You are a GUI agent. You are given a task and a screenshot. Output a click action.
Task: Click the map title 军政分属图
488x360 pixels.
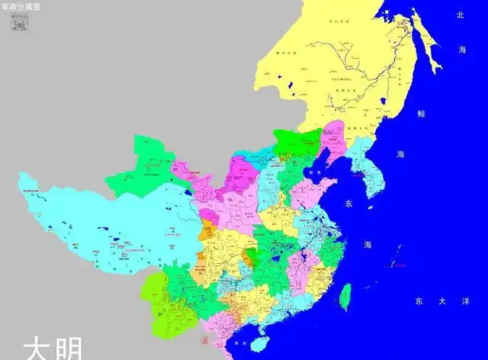click(22, 5)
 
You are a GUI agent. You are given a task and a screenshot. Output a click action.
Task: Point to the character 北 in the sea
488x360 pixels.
click(461, 14)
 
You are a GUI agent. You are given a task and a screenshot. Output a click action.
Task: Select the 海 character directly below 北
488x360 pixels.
click(461, 49)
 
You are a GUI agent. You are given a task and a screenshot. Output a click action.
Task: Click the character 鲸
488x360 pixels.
click(421, 114)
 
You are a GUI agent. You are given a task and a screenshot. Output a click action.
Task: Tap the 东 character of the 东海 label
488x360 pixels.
click(350, 204)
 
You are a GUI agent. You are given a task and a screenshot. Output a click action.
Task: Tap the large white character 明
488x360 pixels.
click(72, 349)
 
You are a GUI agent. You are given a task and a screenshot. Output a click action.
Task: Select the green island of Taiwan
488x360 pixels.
click(342, 294)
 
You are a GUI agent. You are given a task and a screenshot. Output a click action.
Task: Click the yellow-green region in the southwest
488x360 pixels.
click(152, 293)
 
